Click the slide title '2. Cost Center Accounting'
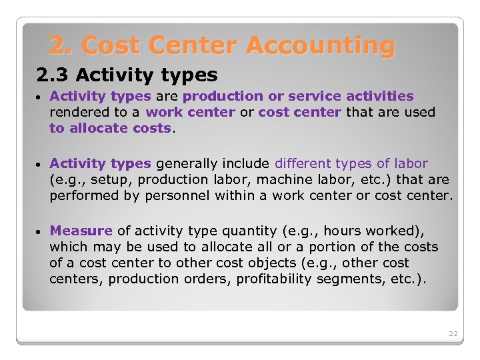click(x=221, y=45)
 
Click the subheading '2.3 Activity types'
click(x=122, y=75)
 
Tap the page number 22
click(x=453, y=333)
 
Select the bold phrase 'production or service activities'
click(x=298, y=97)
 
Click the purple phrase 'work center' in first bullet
click(x=190, y=113)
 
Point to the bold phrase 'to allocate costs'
click(x=110, y=128)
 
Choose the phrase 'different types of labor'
click(x=351, y=163)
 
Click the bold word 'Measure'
click(x=81, y=231)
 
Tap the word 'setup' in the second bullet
click(x=105, y=179)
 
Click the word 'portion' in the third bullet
click(x=337, y=247)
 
